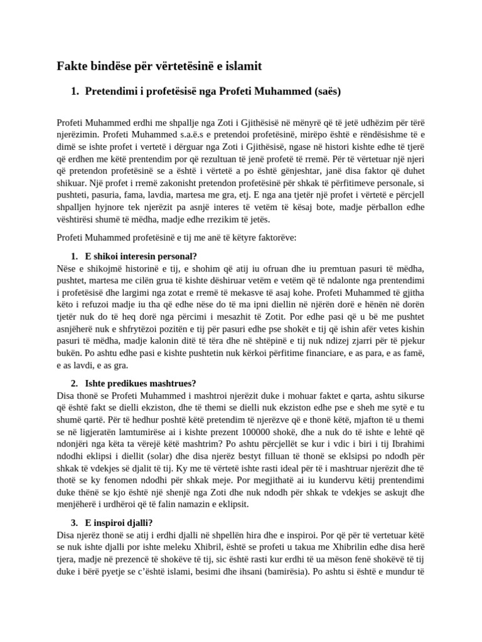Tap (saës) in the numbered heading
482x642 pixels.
[x=324, y=92]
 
